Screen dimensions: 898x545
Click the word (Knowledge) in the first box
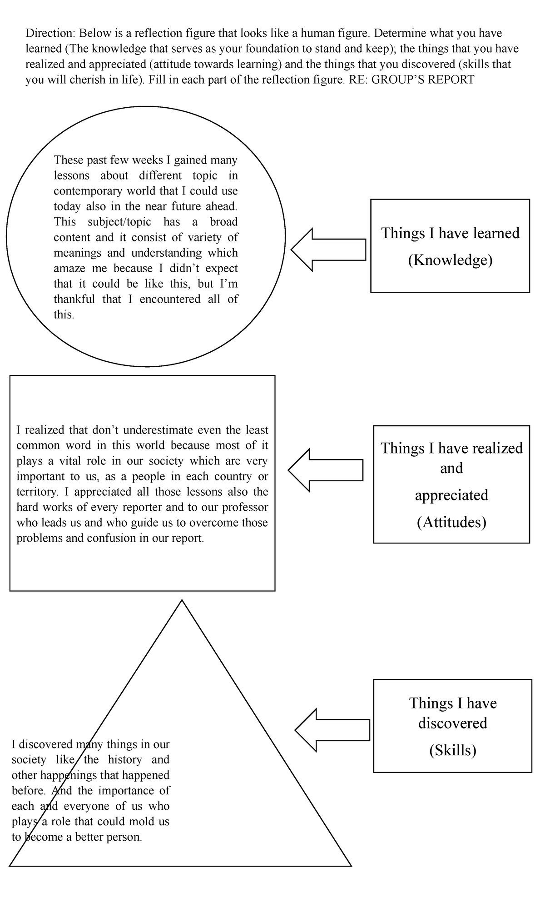click(450, 260)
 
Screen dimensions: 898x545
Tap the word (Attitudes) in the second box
click(451, 522)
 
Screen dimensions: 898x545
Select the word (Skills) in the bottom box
click(452, 750)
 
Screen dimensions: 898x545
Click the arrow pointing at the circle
click(328, 249)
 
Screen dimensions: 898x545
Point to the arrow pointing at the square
click(325, 470)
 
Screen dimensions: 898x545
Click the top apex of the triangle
click(182, 601)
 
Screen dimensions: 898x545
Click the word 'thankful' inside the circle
click(74, 299)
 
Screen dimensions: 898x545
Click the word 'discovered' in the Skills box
click(452, 723)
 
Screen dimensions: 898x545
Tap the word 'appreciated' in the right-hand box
click(451, 495)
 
